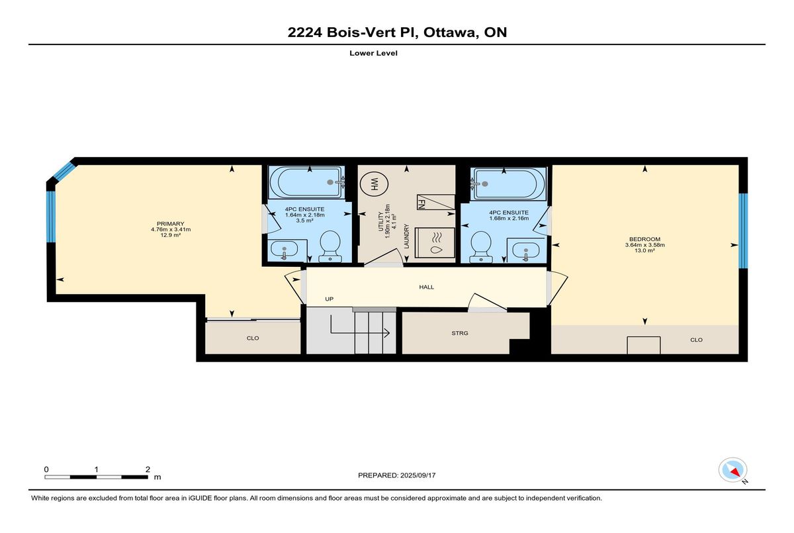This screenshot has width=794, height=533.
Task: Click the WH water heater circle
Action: [x=374, y=185]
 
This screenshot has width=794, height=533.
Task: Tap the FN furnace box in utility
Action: [x=435, y=202]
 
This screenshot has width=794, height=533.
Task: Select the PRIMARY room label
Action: [x=171, y=224]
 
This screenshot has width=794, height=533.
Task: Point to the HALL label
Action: [x=426, y=287]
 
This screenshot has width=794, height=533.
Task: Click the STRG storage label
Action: [x=460, y=333]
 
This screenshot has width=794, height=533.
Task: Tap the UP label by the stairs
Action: [x=330, y=299]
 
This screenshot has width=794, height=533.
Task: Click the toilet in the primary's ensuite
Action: [x=330, y=246]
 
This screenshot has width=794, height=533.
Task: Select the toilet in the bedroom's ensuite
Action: [x=481, y=247]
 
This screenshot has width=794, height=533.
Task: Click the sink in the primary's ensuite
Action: [x=285, y=250]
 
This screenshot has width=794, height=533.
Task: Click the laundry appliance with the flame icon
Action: [x=435, y=243]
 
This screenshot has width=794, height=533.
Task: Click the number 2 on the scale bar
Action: [x=148, y=469]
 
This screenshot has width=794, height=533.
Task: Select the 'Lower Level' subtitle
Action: [x=373, y=53]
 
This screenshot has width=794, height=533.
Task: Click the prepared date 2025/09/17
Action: [x=418, y=475]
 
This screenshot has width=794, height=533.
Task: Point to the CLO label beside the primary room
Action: [x=253, y=338]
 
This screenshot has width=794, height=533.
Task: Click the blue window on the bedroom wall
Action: [x=743, y=230]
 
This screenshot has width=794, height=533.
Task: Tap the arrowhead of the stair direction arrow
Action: [x=388, y=333]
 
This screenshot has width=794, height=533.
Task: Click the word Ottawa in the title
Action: [x=449, y=32]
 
